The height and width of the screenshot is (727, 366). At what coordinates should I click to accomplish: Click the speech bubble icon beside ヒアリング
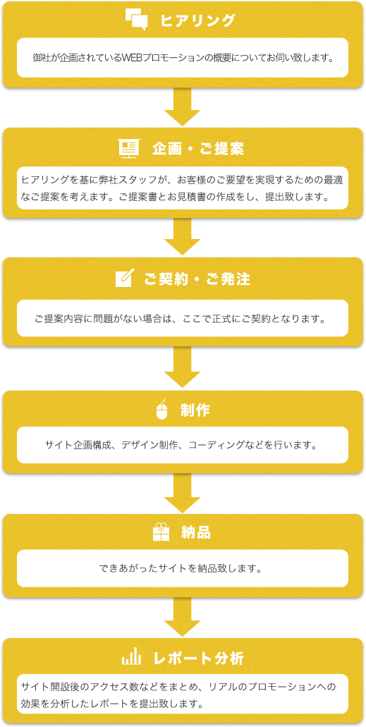coord(136,20)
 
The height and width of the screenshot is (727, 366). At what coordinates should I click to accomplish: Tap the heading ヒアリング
coord(198,20)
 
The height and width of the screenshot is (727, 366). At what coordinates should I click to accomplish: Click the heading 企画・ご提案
coord(198,149)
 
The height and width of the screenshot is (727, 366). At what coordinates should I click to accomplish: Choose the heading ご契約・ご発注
coord(197,279)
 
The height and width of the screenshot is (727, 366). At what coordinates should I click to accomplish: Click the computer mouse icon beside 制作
coord(161,410)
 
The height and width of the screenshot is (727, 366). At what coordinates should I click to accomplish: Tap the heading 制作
coord(195,411)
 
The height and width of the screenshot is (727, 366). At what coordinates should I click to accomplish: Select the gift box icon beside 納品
coord(161,532)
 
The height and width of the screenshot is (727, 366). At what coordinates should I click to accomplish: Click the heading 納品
coord(196,532)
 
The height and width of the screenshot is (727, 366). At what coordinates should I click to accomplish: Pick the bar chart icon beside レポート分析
coord(131,658)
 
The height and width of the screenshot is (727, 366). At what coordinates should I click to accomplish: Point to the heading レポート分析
coord(198,659)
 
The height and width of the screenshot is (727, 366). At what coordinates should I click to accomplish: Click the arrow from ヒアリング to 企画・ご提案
coord(183,106)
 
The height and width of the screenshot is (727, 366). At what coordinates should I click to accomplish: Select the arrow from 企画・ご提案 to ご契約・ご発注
coord(183,236)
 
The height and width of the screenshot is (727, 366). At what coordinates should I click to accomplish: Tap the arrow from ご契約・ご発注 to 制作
coord(183,367)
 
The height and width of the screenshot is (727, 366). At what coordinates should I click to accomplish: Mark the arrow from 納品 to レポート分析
coord(183,617)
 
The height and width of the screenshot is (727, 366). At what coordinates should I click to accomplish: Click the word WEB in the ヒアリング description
coord(132,59)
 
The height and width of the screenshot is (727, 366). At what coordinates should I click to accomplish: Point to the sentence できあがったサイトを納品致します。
coord(183,568)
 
